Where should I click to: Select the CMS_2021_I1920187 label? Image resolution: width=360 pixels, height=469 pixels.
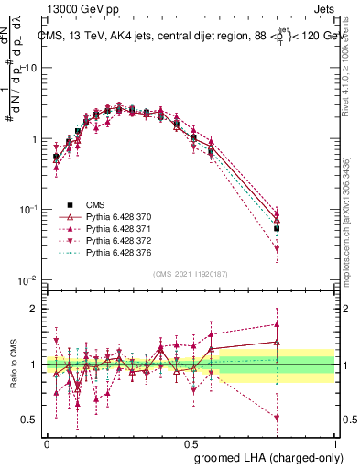tap(190, 272)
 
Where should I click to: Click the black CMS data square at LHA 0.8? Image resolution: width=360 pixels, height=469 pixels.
tap(277, 228)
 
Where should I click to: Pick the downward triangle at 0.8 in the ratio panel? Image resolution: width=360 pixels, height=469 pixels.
tap(277, 418)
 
